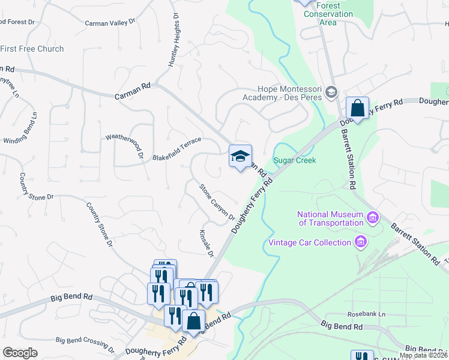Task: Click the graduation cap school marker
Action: pyautogui.click(x=240, y=157)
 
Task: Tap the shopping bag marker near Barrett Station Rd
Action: pyautogui.click(x=357, y=109)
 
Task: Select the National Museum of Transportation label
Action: pyautogui.click(x=330, y=218)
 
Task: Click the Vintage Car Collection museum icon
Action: pyautogui.click(x=361, y=242)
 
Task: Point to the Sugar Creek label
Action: pyautogui.click(x=294, y=160)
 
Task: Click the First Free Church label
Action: pyautogui.click(x=32, y=49)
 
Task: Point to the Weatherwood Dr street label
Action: pyautogui.click(x=125, y=146)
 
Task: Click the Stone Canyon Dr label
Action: pyautogui.click(x=217, y=202)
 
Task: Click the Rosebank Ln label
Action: pyautogui.click(x=366, y=314)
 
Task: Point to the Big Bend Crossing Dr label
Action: pyautogui.click(x=85, y=343)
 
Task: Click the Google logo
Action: pyautogui.click(x=20, y=353)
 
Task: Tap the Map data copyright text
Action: pyautogui.click(x=424, y=355)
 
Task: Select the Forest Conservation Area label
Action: pyautogui.click(x=328, y=14)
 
